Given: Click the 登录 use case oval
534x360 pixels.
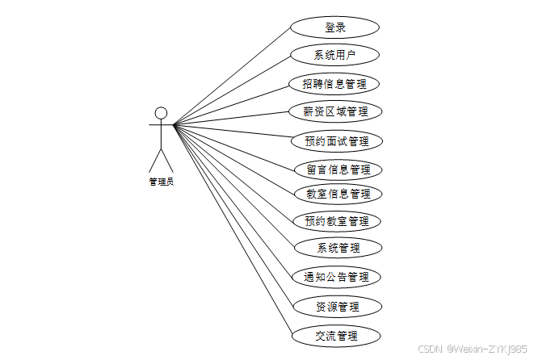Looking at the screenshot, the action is point(334,27).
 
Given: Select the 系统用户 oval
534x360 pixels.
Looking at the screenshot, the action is point(334,56).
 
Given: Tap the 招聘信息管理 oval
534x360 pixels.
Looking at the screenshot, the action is point(334,83).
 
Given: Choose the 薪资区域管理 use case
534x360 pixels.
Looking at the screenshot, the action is point(334,111).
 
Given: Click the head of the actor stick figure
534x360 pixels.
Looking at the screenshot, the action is point(161,112).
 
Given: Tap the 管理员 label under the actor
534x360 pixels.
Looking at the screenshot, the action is point(161,182).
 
